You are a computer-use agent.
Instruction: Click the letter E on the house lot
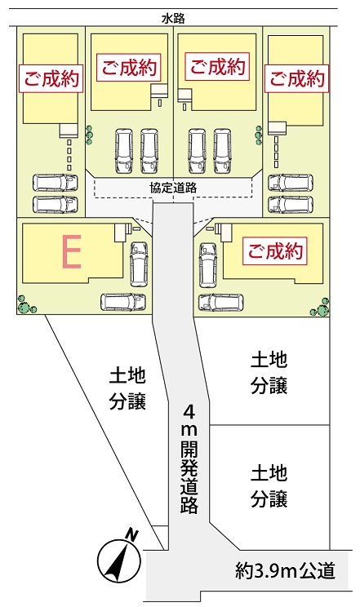(x=72, y=252)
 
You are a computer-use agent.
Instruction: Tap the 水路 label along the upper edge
(x=173, y=18)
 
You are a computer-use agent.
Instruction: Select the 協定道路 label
(x=173, y=188)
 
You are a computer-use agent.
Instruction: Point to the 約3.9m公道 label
(x=285, y=570)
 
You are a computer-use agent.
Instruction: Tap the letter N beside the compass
(x=132, y=536)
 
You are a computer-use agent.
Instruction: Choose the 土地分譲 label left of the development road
(x=127, y=389)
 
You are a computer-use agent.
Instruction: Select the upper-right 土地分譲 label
(x=269, y=372)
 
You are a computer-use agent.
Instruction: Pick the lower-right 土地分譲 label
(x=269, y=486)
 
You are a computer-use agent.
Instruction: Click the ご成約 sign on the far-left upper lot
(x=51, y=78)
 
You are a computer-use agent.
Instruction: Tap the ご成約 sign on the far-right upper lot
(x=297, y=78)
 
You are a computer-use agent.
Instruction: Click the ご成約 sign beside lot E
(x=275, y=251)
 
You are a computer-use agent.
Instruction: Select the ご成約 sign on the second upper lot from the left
(x=129, y=68)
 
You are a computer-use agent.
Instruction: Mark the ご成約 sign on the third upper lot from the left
(x=217, y=67)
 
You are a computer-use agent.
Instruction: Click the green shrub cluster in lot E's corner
(x=26, y=305)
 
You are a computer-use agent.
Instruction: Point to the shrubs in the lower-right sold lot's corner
(x=321, y=308)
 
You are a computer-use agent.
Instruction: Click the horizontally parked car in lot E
(x=123, y=302)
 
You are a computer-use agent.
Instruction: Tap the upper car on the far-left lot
(x=56, y=182)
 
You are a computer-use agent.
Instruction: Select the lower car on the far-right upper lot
(x=291, y=205)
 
